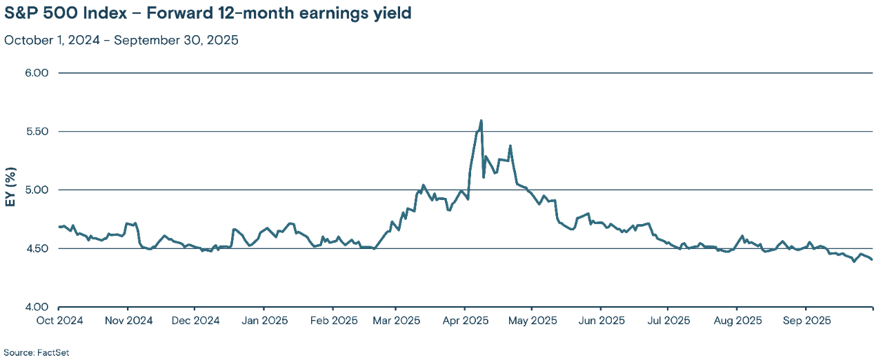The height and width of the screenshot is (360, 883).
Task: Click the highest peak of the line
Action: click(481, 121)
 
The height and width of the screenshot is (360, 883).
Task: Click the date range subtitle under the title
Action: click(121, 39)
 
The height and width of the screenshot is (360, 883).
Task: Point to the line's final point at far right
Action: click(872, 260)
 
